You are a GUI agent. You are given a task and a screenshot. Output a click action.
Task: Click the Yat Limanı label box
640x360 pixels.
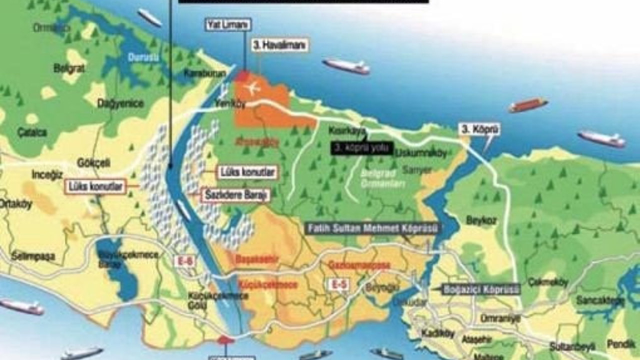227,24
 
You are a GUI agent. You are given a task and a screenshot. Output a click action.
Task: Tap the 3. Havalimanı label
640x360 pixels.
280,45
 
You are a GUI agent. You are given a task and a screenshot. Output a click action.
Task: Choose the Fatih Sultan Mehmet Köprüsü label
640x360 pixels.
373,228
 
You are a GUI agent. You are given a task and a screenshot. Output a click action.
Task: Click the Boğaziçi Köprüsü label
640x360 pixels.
481,289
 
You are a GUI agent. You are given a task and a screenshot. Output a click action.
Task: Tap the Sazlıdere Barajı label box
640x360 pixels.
235,195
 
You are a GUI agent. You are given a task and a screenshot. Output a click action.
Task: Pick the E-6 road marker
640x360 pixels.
181,260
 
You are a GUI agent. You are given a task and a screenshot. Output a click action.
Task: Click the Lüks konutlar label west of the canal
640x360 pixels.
95,187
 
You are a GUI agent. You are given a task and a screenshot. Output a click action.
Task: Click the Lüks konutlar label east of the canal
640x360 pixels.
247,172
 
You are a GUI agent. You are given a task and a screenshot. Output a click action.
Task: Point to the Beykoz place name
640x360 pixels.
481,220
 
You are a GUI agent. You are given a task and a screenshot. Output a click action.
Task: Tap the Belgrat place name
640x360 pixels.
69,68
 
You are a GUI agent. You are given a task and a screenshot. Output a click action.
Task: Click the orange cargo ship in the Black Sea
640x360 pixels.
528,105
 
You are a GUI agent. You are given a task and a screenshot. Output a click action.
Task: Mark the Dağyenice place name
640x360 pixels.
120,103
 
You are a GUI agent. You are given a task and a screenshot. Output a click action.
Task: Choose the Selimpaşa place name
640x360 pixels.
33,256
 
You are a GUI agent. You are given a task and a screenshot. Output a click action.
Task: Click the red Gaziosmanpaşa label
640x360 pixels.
359,264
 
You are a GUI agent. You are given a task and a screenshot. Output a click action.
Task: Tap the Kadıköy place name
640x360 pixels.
437,333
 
